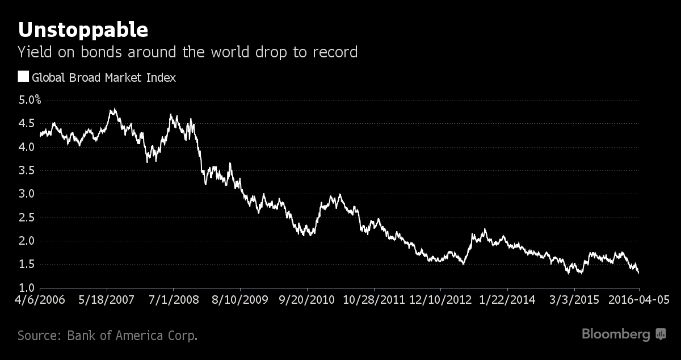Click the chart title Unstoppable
[83, 30]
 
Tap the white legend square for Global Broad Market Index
[23, 77]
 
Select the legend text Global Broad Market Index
[104, 77]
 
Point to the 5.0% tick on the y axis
[30, 100]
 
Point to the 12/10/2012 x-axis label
[440, 299]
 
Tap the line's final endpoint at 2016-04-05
[639, 273]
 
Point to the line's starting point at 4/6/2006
[40, 136]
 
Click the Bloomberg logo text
[616, 334]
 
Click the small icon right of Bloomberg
[661, 334]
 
